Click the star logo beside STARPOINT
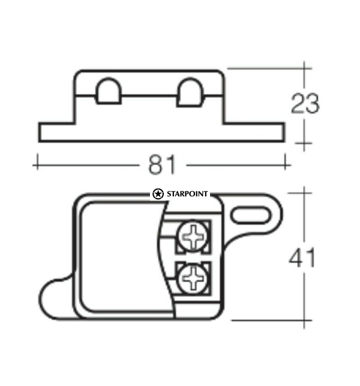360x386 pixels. click(157, 194)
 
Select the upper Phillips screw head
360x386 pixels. click(194, 237)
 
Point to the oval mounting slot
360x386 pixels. click(251, 214)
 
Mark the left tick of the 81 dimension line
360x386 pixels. click(37, 162)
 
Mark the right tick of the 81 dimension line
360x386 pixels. click(288, 162)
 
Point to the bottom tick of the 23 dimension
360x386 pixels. click(304, 143)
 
